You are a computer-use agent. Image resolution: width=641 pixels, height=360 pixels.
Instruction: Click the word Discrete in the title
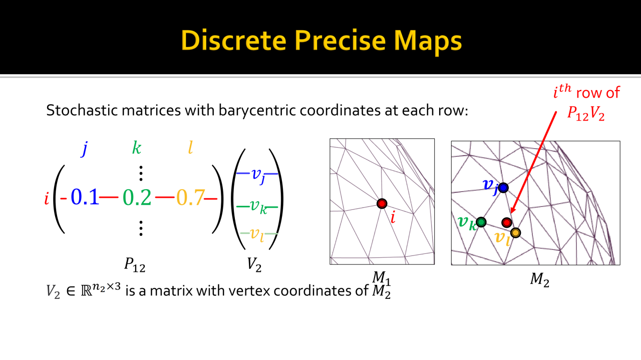(233, 41)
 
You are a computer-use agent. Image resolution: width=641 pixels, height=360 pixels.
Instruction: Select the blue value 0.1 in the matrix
(85, 197)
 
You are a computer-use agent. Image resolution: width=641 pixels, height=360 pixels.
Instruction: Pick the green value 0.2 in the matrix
(137, 197)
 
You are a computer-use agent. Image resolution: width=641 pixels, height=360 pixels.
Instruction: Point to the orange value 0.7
(191, 197)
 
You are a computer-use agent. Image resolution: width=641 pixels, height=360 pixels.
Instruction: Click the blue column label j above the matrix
(85, 149)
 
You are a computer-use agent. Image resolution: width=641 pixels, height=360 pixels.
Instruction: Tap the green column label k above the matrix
(137, 148)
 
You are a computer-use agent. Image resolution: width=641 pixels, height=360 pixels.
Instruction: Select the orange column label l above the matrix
(190, 148)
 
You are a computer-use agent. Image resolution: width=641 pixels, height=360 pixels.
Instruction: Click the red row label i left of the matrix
(47, 198)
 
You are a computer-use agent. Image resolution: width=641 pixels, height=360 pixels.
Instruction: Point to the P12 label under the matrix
(135, 264)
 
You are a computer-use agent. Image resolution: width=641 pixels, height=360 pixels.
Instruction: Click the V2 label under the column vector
(254, 264)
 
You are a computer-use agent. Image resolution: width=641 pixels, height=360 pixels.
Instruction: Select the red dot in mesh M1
(382, 203)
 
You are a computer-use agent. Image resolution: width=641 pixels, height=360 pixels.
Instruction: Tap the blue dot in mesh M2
(503, 188)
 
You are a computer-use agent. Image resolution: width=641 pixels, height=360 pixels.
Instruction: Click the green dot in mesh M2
(481, 222)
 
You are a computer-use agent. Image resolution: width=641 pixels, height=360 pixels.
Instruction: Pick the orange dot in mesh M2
(516, 233)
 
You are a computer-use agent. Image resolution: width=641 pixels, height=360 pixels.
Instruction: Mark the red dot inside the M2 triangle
(507, 222)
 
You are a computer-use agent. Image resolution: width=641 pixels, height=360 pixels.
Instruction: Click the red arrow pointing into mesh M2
(534, 163)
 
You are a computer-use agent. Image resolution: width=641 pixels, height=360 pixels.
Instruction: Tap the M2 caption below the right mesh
(540, 279)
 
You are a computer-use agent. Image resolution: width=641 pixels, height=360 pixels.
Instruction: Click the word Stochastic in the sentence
(82, 111)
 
